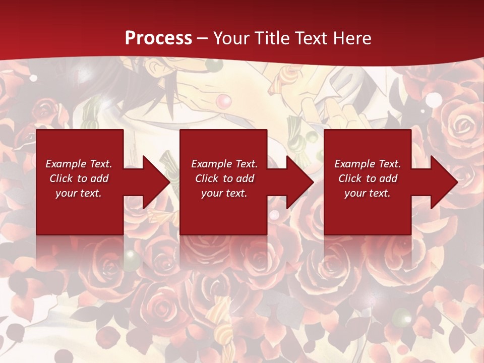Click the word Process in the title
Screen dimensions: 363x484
pos(158,38)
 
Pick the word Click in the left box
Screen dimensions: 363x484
pos(61,178)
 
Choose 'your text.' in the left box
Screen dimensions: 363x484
pos(79,193)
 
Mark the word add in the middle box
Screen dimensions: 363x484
pos(245,178)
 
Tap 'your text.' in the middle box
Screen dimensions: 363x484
pos(224,193)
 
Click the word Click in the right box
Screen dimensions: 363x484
pos(350,178)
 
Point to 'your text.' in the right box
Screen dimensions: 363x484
pos(368,193)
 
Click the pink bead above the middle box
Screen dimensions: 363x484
pos(223,101)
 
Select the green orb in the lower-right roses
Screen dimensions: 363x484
pos(402,317)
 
